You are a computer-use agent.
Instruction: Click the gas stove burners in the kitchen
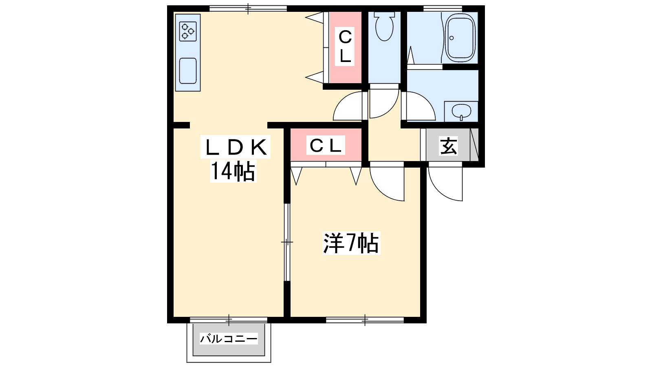(x=188, y=31)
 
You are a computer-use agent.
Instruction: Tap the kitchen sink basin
(x=188, y=71)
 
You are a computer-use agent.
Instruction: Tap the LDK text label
(x=236, y=147)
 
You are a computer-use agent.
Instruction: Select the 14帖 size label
(x=233, y=171)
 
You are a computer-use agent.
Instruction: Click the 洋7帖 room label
(x=351, y=243)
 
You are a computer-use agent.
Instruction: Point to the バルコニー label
(x=229, y=339)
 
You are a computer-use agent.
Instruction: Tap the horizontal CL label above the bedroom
(x=326, y=145)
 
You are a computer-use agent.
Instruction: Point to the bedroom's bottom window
(x=365, y=320)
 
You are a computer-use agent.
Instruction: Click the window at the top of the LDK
(x=248, y=9)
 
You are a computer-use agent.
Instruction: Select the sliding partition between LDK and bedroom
(x=287, y=242)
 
